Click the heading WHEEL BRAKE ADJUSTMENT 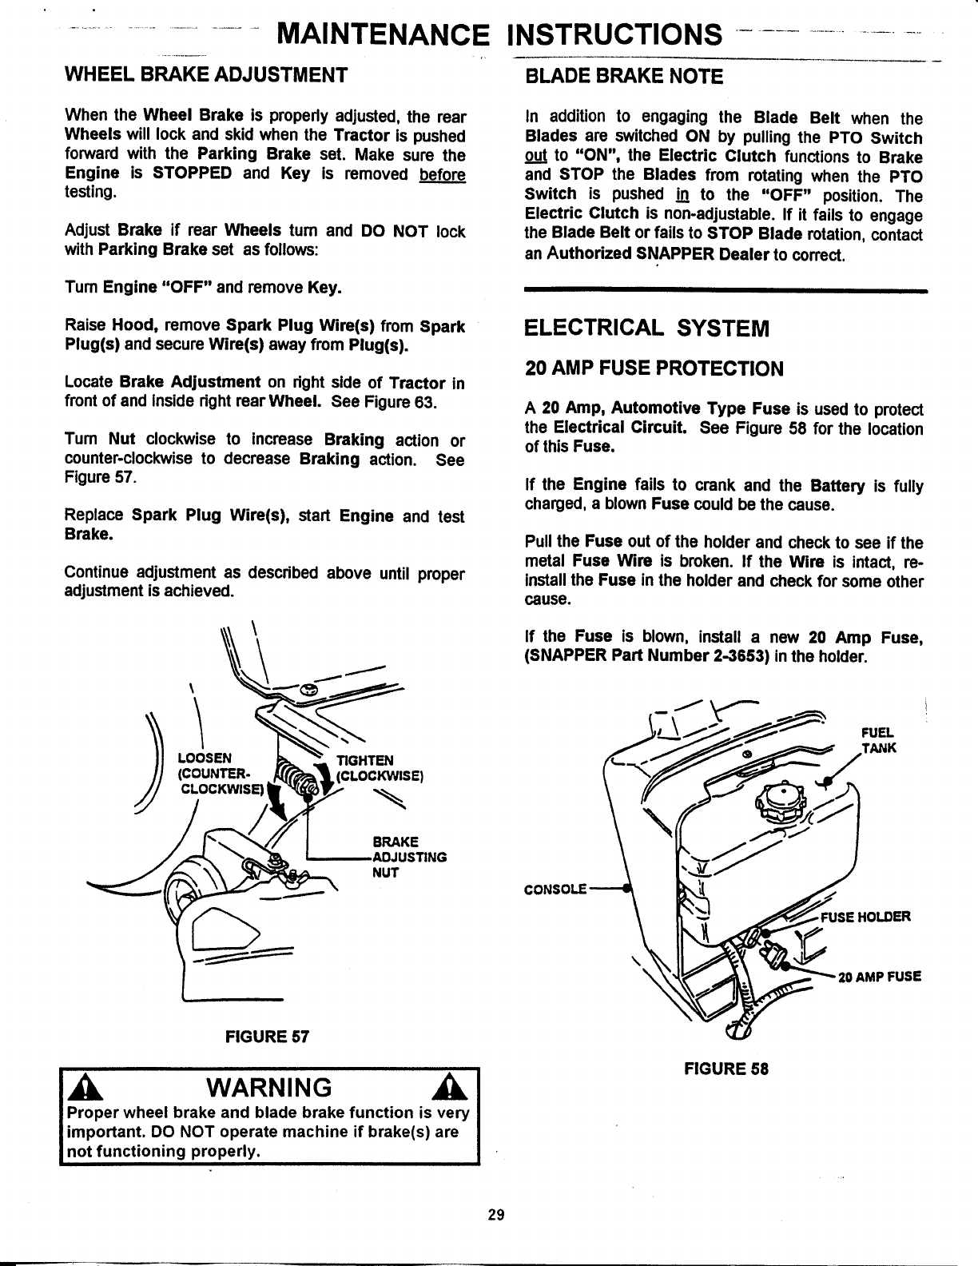(205, 75)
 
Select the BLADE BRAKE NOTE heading (623, 77)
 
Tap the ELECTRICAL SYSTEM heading (646, 328)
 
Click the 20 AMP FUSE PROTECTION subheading (654, 368)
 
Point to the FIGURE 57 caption (267, 1037)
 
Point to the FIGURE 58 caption (726, 1069)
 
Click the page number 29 (495, 1216)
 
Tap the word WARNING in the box (268, 1088)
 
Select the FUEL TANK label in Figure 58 (878, 740)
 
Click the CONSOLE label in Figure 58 (555, 889)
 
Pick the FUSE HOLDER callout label (871, 916)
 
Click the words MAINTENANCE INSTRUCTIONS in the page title (495, 35)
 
